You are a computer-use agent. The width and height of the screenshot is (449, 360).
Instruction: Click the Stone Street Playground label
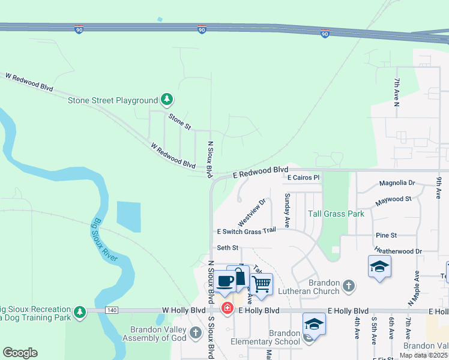[112, 100]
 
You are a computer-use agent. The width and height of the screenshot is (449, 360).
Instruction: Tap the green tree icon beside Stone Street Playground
[167, 100]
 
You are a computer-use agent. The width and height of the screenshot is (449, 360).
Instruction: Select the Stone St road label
[179, 122]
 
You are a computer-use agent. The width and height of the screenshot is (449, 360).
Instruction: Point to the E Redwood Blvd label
[261, 172]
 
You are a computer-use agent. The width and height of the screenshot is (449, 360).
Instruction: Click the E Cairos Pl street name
[304, 178]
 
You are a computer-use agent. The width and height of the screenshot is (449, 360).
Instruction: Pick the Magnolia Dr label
[397, 183]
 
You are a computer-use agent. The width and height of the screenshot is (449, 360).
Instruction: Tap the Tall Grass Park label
[336, 214]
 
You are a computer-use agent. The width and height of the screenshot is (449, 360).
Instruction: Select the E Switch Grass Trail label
[246, 231]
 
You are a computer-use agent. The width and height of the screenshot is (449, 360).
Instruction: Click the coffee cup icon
[226, 281]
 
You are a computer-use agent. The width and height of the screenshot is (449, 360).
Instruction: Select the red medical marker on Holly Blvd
[228, 309]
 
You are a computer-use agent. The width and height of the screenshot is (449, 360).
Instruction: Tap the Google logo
[20, 353]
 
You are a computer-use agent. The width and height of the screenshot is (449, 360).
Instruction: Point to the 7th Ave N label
[397, 92]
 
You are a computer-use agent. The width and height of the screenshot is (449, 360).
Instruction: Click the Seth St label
[228, 248]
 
